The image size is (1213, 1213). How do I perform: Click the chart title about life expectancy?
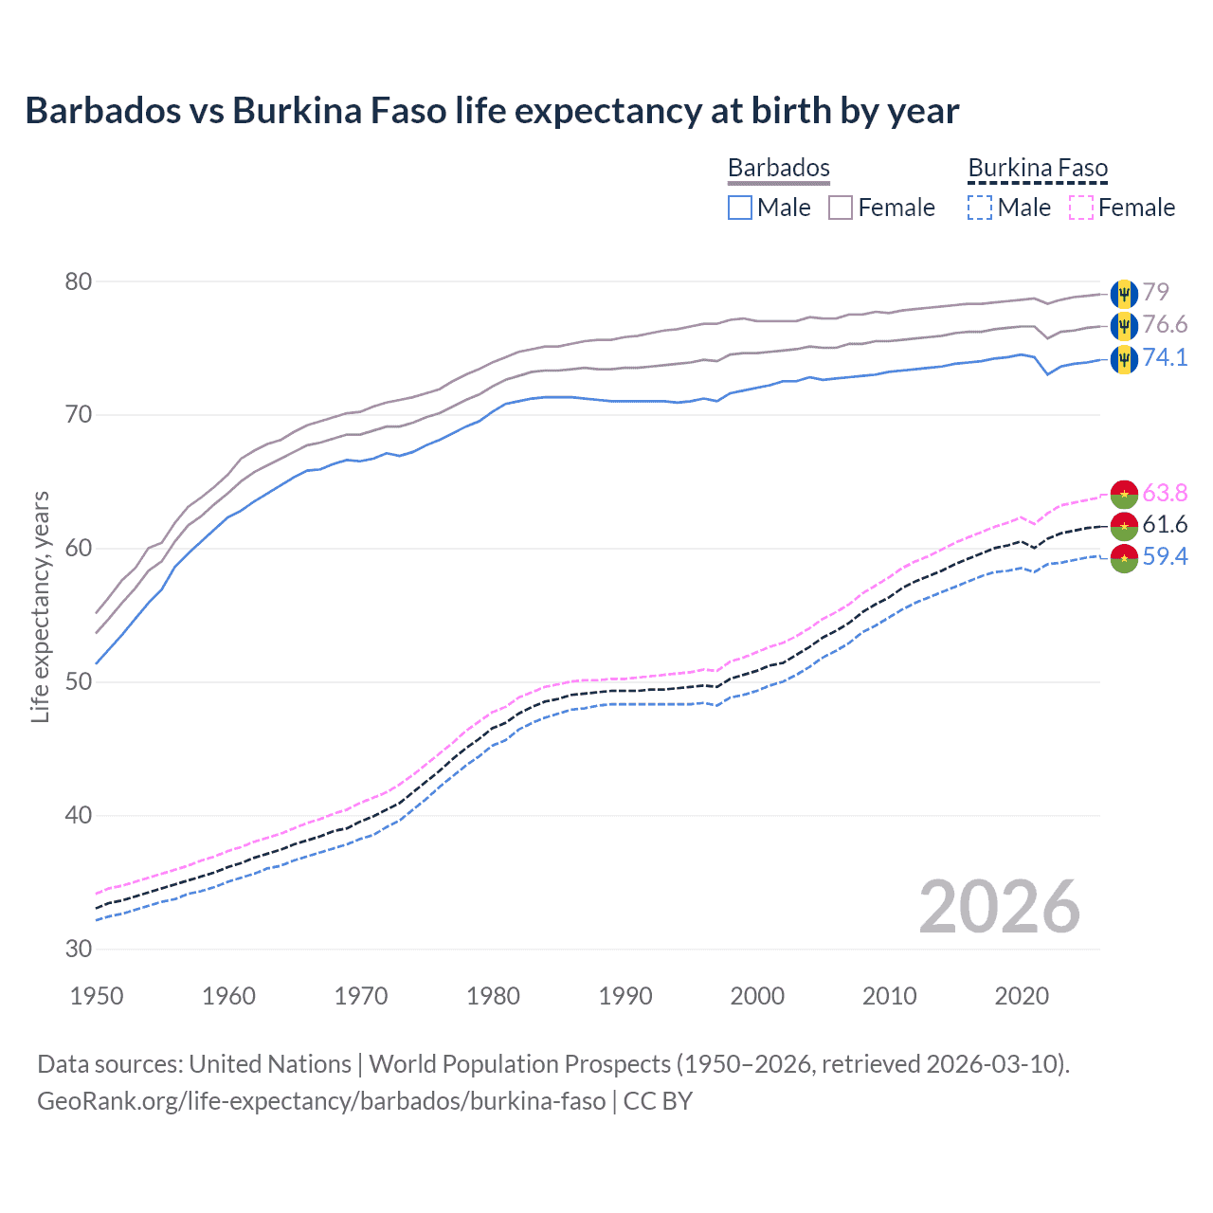(x=492, y=111)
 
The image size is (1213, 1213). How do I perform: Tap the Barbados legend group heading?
(x=778, y=168)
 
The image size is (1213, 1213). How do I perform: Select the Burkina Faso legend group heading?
(x=1038, y=168)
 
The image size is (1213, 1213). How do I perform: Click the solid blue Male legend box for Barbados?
(x=740, y=208)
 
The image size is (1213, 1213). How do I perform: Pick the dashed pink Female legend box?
(x=1081, y=208)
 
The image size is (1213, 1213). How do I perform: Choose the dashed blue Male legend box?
(x=980, y=208)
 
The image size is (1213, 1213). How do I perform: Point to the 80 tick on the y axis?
(x=79, y=281)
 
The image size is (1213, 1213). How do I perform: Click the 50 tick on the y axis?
(x=79, y=681)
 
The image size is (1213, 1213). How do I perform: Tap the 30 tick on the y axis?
(x=79, y=949)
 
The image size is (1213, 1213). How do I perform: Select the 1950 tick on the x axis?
(x=97, y=996)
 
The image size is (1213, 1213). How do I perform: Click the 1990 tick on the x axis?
(x=625, y=996)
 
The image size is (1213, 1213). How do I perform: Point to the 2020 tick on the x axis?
(x=1022, y=996)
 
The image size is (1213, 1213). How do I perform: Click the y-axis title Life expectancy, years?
(x=40, y=606)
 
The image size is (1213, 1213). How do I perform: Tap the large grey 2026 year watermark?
(x=1000, y=907)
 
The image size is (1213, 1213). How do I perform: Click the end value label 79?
(x=1155, y=292)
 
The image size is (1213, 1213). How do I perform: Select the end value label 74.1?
(x=1165, y=357)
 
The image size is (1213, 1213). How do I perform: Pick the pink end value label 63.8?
(x=1165, y=493)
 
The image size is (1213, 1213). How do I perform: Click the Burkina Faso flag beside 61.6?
(x=1124, y=525)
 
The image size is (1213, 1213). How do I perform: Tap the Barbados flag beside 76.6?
(x=1124, y=326)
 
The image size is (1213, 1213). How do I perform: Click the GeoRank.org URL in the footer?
(x=321, y=1101)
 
